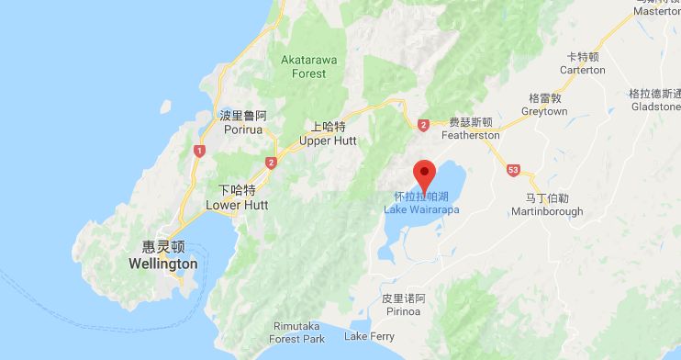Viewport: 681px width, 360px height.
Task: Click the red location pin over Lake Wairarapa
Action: pos(424,172)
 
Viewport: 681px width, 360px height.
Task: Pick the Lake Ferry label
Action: pos(369,337)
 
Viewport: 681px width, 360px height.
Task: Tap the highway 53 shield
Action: pos(513,171)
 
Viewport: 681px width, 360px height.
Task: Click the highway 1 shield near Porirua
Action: pos(198,151)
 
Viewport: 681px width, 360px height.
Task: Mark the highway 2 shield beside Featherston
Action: pos(423,124)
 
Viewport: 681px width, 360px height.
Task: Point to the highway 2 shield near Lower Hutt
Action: pos(271,163)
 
